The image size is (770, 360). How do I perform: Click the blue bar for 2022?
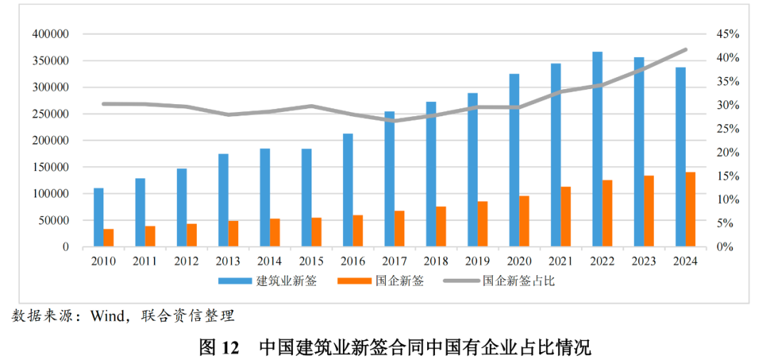(x=597, y=150)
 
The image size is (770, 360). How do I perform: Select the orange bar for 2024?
(x=691, y=210)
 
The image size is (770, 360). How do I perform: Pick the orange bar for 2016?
(x=358, y=231)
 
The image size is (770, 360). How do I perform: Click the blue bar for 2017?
(x=389, y=179)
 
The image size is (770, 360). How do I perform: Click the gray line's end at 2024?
(x=685, y=50)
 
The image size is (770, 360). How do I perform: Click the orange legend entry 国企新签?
(x=399, y=281)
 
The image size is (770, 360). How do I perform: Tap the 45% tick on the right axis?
(x=728, y=34)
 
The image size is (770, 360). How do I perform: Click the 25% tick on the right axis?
(x=728, y=129)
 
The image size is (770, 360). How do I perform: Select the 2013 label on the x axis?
(x=228, y=261)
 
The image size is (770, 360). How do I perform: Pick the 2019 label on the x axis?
(x=478, y=261)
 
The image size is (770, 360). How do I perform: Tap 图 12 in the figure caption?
(x=218, y=347)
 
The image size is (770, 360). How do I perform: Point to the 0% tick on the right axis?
(x=725, y=247)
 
